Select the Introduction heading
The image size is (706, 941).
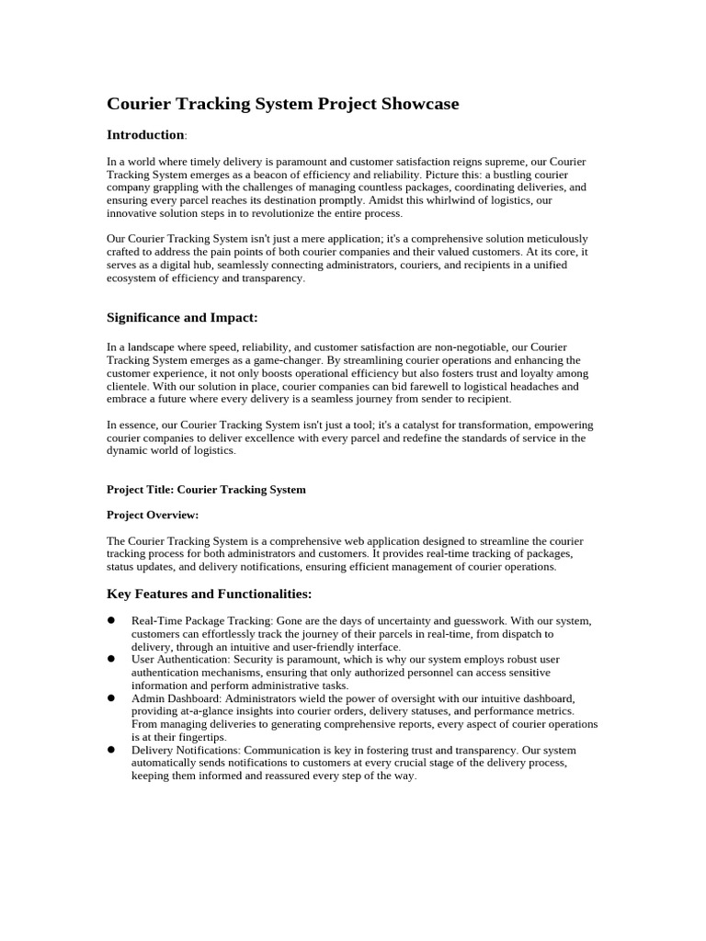(x=145, y=135)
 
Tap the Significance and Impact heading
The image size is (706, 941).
(x=182, y=317)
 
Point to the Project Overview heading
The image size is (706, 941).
(x=153, y=515)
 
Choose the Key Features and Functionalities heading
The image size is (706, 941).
(x=209, y=594)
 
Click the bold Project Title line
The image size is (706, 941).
(x=206, y=489)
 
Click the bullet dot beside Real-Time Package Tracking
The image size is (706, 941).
(x=111, y=620)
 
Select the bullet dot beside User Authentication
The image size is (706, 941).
(x=111, y=659)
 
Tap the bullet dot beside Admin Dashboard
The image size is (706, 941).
(x=111, y=697)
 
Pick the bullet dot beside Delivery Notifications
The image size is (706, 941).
(x=111, y=749)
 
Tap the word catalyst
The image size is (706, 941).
(x=422, y=425)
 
